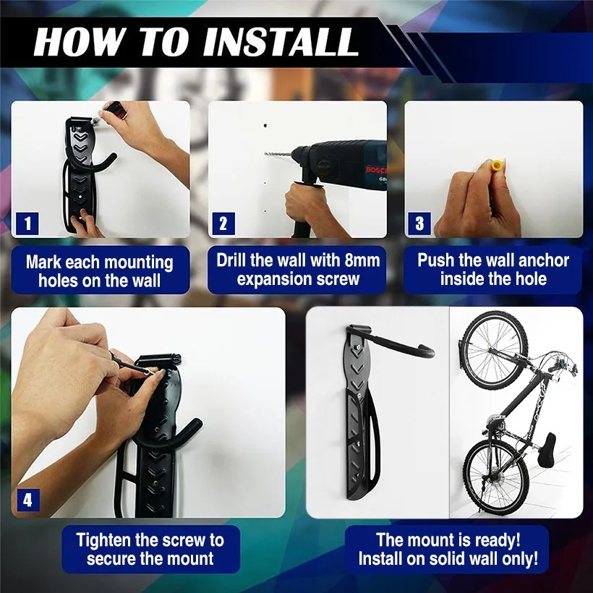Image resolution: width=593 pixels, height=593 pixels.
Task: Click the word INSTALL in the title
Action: point(280,42)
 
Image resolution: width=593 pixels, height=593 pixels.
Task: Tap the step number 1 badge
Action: point(27,223)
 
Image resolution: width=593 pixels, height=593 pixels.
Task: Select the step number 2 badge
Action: point(223,223)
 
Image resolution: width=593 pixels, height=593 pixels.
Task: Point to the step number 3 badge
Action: point(419,223)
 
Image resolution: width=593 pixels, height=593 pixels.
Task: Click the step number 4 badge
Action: point(28,500)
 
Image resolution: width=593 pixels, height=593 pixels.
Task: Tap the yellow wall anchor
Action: point(496,166)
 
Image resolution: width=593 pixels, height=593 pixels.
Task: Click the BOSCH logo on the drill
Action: point(376,169)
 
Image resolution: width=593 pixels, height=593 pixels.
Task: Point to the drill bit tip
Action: point(265,153)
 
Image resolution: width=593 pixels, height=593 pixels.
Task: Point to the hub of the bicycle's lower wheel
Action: point(492,479)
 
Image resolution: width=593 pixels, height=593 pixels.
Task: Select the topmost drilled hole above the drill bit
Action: point(266,125)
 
